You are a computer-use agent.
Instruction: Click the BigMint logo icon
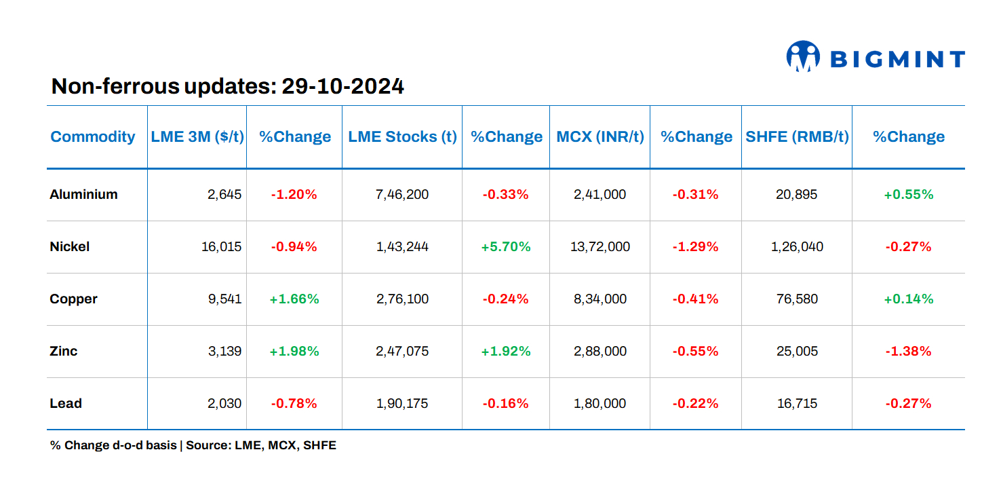[x=803, y=56]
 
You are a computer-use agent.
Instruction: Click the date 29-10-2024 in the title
[x=342, y=86]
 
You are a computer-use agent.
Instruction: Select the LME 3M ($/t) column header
[x=197, y=136]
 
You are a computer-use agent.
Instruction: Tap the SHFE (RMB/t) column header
[x=797, y=136]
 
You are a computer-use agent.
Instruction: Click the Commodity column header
[x=93, y=136]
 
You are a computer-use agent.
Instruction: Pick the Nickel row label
[x=70, y=246]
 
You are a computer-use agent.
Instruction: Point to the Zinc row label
[x=64, y=351]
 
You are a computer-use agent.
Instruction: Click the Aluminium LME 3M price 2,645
[x=224, y=194]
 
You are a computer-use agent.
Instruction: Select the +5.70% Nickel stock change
[x=506, y=246]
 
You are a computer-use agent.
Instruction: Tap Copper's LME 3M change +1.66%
[x=294, y=299]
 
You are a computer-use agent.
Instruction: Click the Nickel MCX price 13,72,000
[x=600, y=246]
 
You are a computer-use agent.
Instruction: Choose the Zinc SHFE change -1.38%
[x=908, y=351]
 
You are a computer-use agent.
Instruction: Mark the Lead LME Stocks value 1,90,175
[x=402, y=403]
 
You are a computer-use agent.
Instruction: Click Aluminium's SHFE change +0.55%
[x=908, y=194]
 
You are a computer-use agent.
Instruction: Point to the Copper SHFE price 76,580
[x=797, y=299]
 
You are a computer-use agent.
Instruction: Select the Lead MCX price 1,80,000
[x=600, y=403]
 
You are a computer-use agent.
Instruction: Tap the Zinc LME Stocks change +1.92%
[x=506, y=351]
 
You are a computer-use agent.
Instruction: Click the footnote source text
[x=193, y=446]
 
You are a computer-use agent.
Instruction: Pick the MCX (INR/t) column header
[x=600, y=136]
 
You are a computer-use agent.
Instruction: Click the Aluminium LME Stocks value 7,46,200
[x=402, y=194]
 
